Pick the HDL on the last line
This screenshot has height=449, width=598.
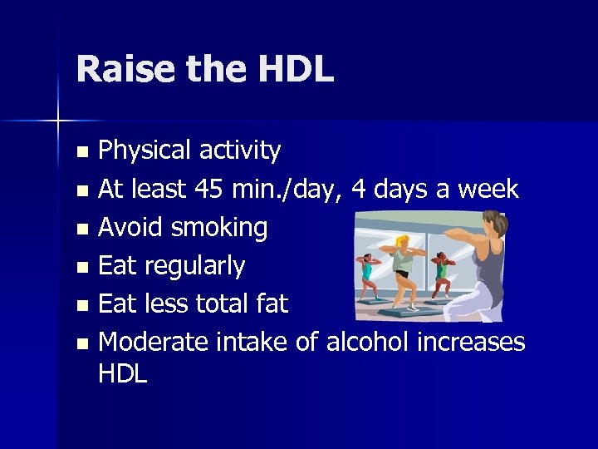coord(122,373)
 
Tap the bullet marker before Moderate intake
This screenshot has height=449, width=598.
coord(81,343)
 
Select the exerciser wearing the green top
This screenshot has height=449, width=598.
coord(444,269)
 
